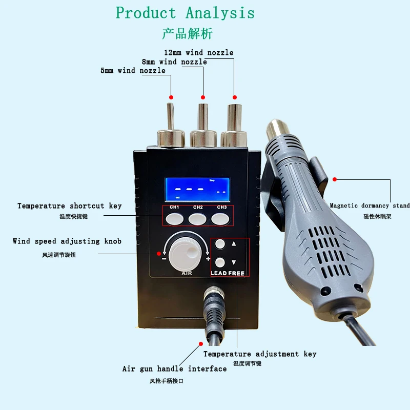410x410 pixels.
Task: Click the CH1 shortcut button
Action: pos(175,219)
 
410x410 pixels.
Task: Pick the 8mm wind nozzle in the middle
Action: pos(202,118)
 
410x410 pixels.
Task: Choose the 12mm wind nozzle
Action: pos(234,118)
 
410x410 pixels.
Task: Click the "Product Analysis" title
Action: pos(185,12)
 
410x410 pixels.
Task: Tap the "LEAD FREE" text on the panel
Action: pos(228,273)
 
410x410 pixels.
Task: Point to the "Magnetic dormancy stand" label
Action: pos(370,206)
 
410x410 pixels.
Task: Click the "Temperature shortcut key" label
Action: pos(70,206)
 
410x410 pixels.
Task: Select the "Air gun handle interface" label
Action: pos(174,369)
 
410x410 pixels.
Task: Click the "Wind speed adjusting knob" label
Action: pos(67,241)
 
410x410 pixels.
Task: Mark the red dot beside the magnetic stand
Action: pos(335,179)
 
